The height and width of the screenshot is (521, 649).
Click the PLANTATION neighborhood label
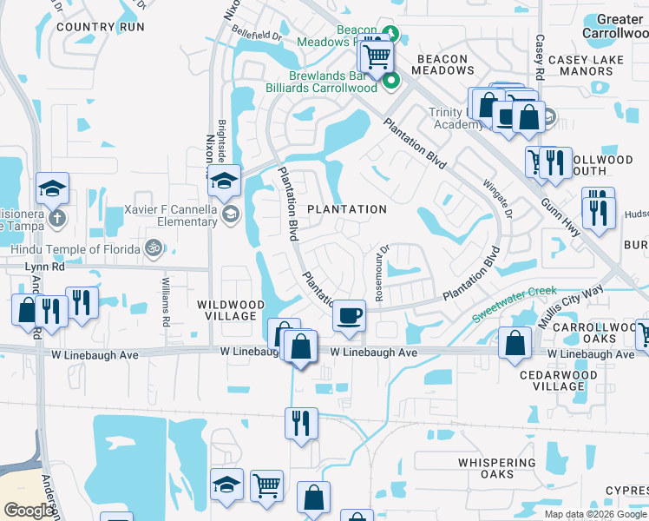point(347,209)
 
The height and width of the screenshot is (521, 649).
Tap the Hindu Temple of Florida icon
point(154,247)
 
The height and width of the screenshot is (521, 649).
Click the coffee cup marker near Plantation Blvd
point(349,314)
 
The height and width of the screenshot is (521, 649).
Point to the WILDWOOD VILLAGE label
point(230,310)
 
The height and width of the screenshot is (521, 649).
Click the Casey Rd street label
point(539,54)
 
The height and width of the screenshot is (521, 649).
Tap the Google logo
point(29,511)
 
